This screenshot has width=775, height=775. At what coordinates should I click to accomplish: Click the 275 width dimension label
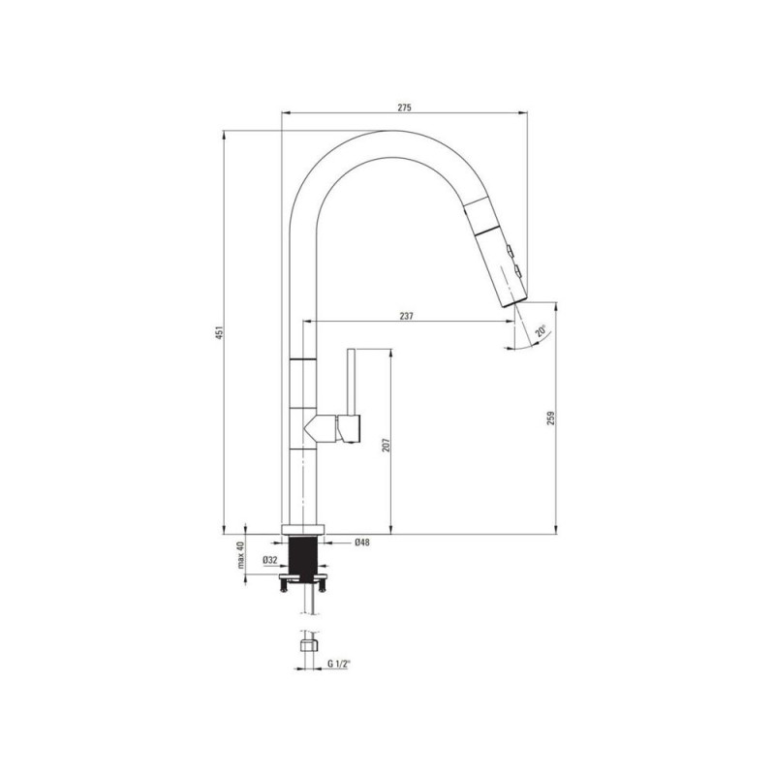click(x=404, y=108)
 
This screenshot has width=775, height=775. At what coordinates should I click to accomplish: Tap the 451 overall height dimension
click(x=221, y=331)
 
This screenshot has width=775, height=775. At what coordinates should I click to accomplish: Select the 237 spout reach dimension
click(x=406, y=316)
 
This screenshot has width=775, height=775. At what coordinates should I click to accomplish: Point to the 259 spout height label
click(x=551, y=418)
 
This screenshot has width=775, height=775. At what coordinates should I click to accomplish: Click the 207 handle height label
click(x=387, y=445)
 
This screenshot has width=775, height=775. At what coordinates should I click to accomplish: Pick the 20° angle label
click(x=542, y=330)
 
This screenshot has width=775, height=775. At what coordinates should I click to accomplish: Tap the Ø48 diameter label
click(x=361, y=542)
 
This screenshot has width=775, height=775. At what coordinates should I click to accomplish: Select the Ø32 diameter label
click(x=270, y=560)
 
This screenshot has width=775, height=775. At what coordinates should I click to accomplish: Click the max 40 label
click(x=240, y=554)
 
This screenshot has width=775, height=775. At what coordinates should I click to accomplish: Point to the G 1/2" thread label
click(x=338, y=665)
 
